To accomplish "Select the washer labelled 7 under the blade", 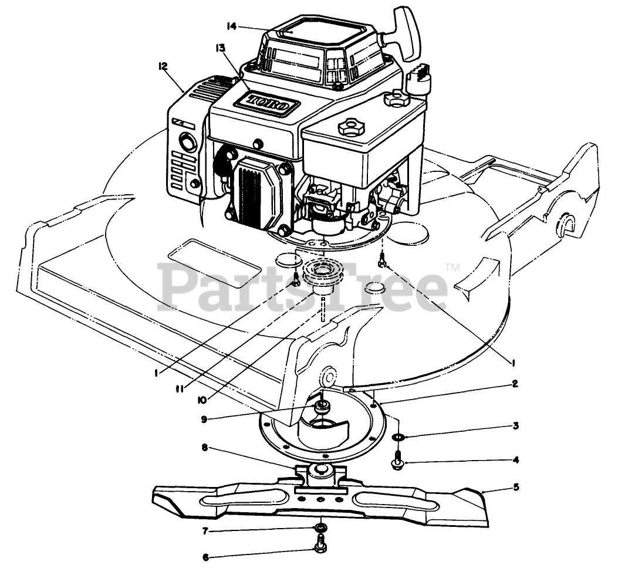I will pos(320,526).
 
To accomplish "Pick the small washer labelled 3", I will pos(397,437).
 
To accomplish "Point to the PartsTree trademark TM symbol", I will pos(452,268).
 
